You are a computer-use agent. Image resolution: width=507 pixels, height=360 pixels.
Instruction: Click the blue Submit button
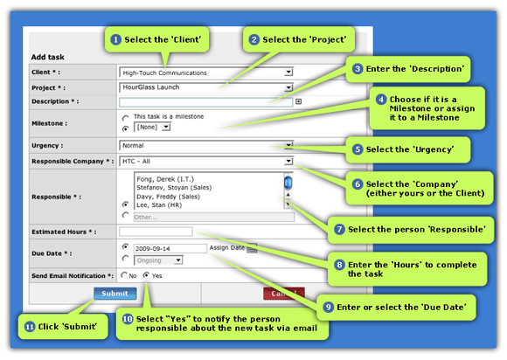coord(115,294)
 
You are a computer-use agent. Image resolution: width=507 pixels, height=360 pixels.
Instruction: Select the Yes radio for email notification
coord(147,275)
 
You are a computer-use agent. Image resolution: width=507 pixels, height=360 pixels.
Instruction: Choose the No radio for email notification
coord(124,275)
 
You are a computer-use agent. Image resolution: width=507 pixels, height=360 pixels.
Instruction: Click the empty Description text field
coord(205,102)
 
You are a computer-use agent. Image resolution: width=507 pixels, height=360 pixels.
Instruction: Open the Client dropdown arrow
coord(288,72)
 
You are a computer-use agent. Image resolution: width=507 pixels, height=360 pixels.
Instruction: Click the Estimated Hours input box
coord(156,232)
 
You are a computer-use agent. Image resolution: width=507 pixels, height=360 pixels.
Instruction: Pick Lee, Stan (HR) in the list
coord(159,204)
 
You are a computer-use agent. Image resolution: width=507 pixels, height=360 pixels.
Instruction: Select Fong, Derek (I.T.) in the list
coord(165,179)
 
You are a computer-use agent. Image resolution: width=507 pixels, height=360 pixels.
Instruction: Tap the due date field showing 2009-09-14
coord(170,248)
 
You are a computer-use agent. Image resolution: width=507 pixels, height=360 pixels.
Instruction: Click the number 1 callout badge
coord(115,39)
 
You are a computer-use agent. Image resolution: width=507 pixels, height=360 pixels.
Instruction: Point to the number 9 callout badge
coord(328,307)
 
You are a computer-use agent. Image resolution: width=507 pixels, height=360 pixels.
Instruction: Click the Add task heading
coord(47,57)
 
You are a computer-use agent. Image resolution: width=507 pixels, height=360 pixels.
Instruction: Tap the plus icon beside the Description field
coord(298,101)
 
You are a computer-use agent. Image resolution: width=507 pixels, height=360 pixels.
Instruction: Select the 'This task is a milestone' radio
coord(126,118)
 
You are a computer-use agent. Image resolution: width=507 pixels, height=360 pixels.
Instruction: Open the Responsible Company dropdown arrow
coord(288,161)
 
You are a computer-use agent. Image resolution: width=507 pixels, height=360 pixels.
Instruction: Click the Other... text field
coord(214,218)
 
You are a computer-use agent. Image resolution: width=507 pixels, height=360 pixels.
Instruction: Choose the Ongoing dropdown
coord(158,260)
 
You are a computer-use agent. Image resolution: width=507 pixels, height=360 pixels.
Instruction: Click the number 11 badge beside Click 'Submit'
coord(30,327)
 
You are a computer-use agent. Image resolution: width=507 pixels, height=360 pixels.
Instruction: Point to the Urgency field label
coord(47,145)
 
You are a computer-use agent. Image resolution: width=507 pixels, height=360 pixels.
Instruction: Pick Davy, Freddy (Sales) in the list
coord(168,197)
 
